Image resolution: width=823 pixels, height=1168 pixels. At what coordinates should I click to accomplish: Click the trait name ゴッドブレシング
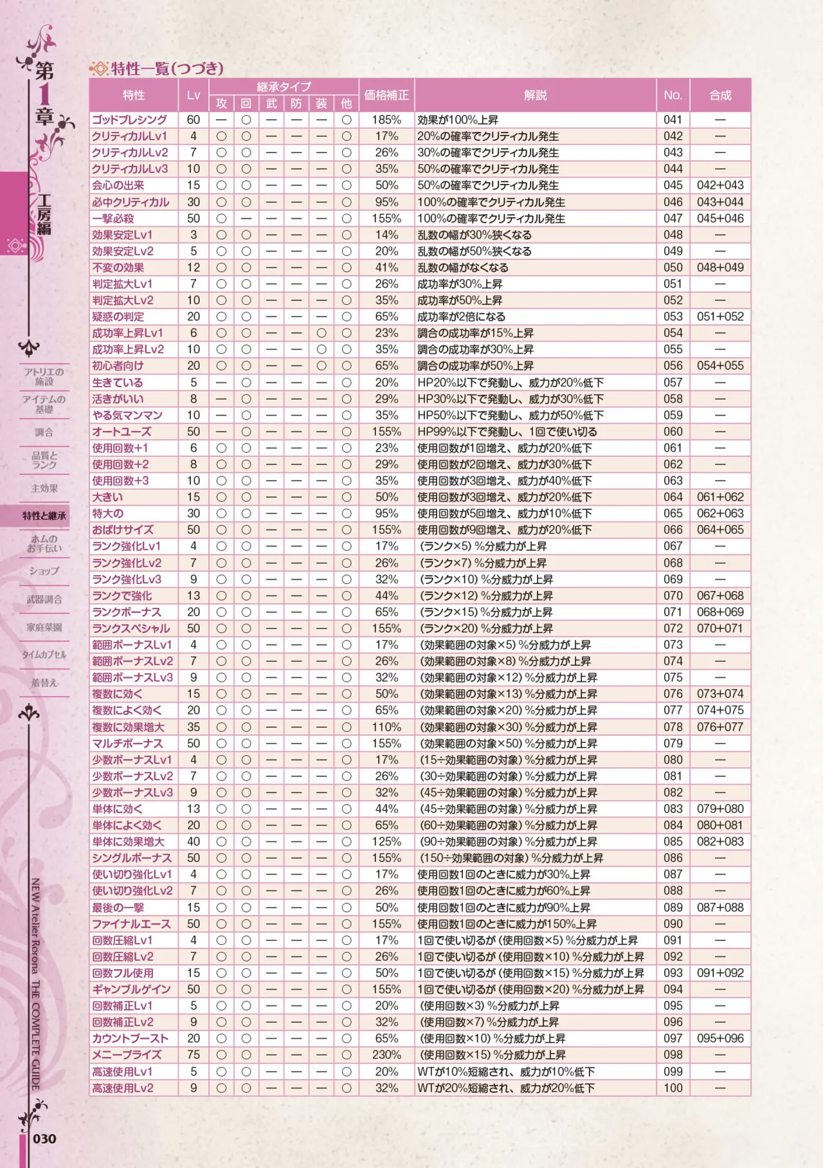click(x=129, y=120)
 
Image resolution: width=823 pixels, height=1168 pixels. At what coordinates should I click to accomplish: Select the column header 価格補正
click(x=386, y=95)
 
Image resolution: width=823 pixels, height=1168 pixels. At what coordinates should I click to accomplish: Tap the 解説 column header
click(x=535, y=95)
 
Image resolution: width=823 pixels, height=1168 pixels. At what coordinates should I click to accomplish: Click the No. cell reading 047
click(x=673, y=218)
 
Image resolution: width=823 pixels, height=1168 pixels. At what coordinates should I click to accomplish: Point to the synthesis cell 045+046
click(x=720, y=218)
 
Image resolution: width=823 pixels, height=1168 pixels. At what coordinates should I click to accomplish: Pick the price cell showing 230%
click(x=386, y=1055)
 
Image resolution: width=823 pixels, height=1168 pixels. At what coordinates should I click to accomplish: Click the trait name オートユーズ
click(x=122, y=432)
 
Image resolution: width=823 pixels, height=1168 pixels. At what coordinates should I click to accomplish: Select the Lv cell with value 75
click(x=193, y=1055)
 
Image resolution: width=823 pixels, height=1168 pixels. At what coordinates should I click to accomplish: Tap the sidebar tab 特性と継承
click(x=44, y=515)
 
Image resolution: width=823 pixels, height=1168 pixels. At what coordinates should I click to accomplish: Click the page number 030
click(x=44, y=1138)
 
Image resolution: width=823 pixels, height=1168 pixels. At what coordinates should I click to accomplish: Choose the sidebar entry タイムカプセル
click(x=44, y=655)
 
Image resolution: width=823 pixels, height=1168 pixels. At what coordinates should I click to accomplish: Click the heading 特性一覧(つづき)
click(x=167, y=68)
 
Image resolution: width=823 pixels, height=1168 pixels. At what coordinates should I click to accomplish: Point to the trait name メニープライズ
click(x=127, y=1055)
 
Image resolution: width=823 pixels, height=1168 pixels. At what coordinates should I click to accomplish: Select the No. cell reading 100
click(x=673, y=1088)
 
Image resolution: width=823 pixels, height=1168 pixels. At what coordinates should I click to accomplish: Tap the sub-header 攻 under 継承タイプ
click(x=221, y=104)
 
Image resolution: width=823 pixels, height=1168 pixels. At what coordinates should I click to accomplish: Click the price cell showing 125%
click(x=386, y=841)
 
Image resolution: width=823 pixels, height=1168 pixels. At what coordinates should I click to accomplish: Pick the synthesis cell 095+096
click(x=720, y=1038)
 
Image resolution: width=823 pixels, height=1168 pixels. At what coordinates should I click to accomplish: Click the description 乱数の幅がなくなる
click(x=463, y=268)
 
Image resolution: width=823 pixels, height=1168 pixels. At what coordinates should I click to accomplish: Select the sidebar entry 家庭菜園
click(x=44, y=627)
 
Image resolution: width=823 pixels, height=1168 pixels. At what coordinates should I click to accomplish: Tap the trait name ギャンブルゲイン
click(x=131, y=989)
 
